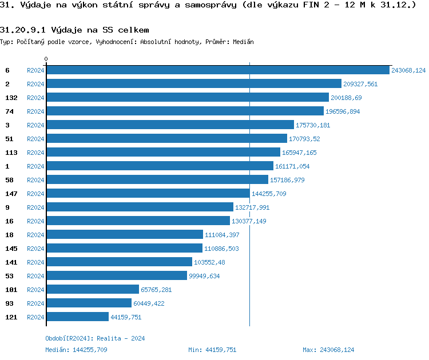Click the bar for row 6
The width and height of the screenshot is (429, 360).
(x=217, y=70)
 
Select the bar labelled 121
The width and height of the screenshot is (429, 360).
(x=77, y=317)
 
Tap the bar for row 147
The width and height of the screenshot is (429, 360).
(x=148, y=194)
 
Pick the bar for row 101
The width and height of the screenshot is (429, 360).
(x=92, y=290)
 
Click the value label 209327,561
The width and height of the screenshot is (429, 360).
(x=360, y=84)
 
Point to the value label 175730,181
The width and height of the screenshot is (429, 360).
(x=313, y=125)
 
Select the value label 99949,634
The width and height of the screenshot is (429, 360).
(x=204, y=276)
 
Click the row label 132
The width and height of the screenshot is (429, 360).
(x=11, y=98)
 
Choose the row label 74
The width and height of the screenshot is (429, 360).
(x=9, y=111)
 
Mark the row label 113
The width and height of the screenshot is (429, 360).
(x=11, y=153)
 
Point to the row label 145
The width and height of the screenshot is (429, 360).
(x=11, y=249)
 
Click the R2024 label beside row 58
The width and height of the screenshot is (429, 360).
(x=35, y=180)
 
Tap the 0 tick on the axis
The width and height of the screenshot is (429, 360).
(x=46, y=59)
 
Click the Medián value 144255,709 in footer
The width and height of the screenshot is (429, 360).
(x=90, y=350)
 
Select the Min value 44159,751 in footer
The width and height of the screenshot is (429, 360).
(x=221, y=350)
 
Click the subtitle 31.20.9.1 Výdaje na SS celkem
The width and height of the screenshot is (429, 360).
(x=75, y=29)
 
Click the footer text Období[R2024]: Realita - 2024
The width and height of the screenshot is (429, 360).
(x=95, y=338)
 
